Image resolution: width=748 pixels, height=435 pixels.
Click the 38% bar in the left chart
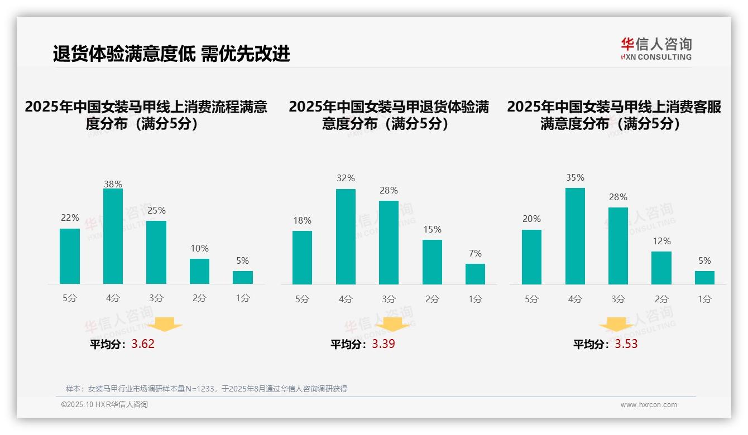coord(113,236)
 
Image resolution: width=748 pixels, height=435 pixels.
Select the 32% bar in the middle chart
coord(346,236)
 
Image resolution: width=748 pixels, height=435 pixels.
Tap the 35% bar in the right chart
coord(575,236)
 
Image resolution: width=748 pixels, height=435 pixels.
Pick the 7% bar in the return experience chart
coord(475,274)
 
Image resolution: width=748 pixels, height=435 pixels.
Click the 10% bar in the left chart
coord(199,271)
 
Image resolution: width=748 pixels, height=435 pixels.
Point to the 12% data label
coord(661,241)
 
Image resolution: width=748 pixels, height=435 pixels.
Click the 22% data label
coord(70,217)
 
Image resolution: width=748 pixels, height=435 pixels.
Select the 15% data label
coord(432,229)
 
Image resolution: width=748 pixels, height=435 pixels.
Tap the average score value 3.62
coord(143,344)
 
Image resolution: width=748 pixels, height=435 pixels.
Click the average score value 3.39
coord(383,344)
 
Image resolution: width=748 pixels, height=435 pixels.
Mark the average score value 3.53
coord(626,344)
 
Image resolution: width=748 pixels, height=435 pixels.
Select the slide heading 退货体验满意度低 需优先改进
coord(171,54)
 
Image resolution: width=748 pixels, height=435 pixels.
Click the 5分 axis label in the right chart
coord(531,299)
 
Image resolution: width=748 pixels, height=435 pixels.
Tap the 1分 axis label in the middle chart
coord(475,299)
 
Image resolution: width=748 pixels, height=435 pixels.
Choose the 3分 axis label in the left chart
coord(156,298)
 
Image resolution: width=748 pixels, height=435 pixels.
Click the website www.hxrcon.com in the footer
coord(649,405)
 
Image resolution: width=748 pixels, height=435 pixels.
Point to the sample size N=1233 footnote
coord(207,389)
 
